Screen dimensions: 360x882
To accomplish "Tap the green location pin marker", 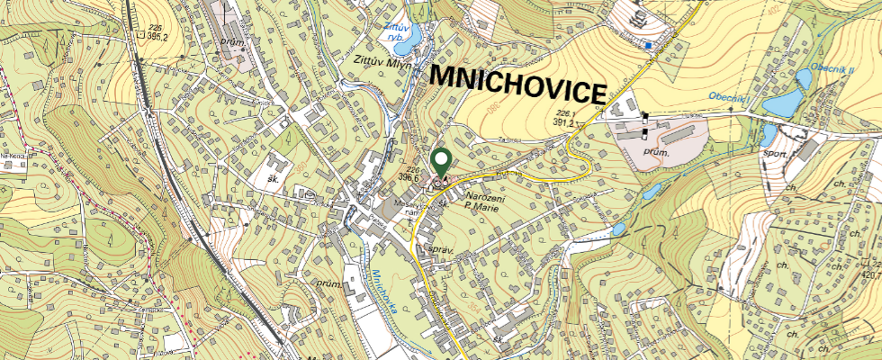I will pos(440,164).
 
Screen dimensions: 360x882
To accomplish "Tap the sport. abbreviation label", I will pos(773,155).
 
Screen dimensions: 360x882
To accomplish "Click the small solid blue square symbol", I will pos(648,44).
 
